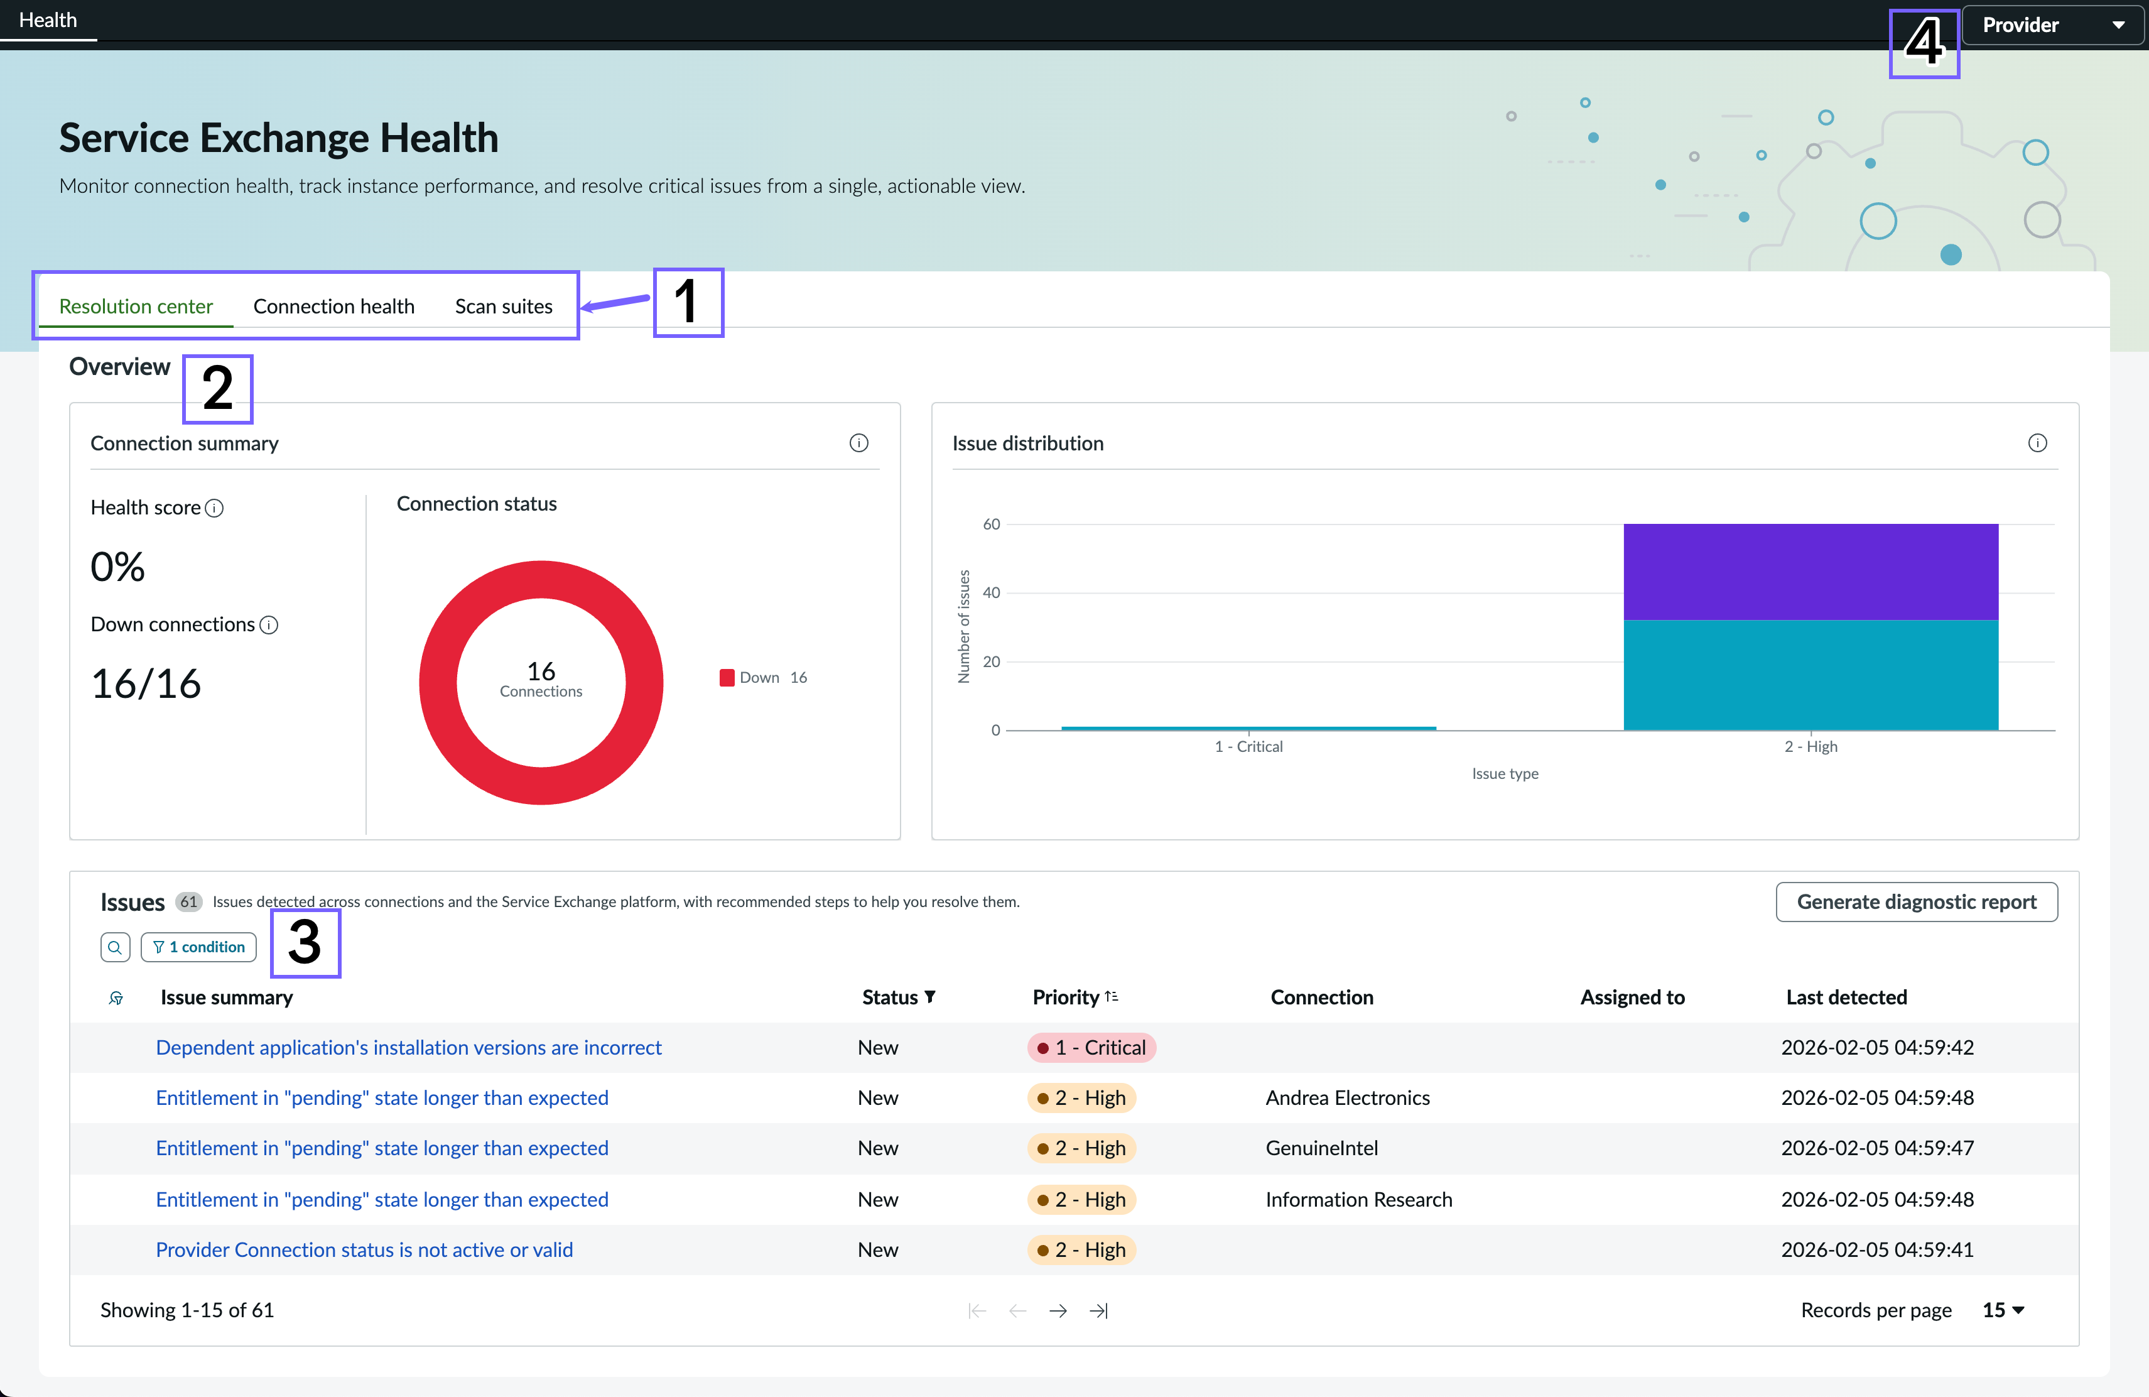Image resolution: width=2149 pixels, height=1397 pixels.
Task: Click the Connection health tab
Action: [x=334, y=306]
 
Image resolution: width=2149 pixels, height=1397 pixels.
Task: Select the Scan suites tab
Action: [x=504, y=306]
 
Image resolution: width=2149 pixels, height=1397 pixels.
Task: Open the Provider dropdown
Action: [x=2052, y=24]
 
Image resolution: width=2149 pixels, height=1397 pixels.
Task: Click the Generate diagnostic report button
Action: [x=1916, y=901]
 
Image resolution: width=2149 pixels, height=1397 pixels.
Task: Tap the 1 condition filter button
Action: [x=198, y=947]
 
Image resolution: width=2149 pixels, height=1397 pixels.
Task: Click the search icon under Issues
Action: [x=115, y=947]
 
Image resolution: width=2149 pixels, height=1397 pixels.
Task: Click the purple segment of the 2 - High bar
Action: [x=1811, y=572]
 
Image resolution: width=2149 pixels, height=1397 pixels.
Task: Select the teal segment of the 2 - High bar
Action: [x=1811, y=675]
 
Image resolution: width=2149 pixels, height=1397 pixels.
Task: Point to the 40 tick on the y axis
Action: [x=992, y=592]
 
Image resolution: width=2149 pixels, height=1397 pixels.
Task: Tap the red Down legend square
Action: [x=727, y=677]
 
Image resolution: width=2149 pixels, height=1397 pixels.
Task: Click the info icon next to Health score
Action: [x=214, y=508]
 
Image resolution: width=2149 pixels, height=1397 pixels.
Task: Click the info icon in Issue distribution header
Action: [x=2037, y=442]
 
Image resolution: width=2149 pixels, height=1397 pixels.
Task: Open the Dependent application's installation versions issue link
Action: [x=408, y=1048]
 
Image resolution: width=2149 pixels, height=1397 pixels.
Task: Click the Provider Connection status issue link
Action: [x=364, y=1250]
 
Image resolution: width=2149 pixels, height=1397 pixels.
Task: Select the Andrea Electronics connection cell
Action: [x=1347, y=1098]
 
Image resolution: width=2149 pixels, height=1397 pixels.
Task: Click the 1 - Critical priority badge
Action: [x=1091, y=1048]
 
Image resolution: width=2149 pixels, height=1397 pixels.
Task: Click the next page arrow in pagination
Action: [x=1058, y=1310]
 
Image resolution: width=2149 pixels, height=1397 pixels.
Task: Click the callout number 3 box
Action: [x=305, y=943]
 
